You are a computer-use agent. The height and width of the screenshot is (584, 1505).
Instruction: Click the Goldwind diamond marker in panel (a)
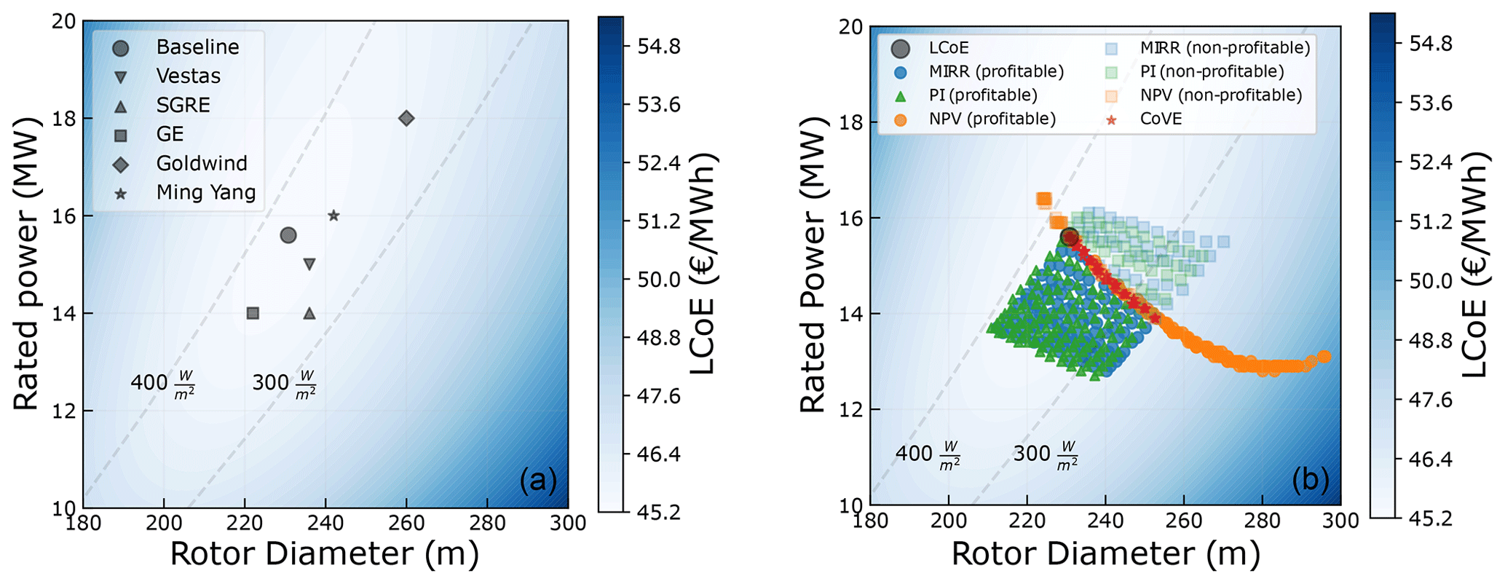pos(406,118)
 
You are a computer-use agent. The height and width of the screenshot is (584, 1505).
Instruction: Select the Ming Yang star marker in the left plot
pos(333,216)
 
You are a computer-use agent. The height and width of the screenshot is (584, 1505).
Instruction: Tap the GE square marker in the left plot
pos(253,313)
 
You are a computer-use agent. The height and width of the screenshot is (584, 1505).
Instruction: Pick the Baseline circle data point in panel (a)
pos(288,235)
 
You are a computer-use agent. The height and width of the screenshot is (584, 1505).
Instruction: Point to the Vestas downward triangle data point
pos(309,264)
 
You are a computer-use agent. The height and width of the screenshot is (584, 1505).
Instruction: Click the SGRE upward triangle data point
pos(309,313)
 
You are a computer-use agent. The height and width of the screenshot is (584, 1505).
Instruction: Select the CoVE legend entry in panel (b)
pos(1161,119)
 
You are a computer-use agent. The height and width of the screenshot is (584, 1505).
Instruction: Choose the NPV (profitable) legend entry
pos(992,119)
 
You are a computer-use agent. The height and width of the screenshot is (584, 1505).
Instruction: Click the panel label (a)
pos(538,481)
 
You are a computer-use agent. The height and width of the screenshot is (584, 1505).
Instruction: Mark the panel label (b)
pos(1311,479)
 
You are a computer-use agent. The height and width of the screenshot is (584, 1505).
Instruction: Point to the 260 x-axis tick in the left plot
pos(406,523)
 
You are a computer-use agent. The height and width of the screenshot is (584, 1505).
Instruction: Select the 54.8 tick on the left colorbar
pos(659,47)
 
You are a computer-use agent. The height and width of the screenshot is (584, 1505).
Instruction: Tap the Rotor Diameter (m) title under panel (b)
pos(1105,555)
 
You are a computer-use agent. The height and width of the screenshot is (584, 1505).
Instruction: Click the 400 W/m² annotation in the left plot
pos(162,383)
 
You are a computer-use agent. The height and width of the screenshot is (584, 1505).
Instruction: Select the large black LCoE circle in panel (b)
pos(1069,237)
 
